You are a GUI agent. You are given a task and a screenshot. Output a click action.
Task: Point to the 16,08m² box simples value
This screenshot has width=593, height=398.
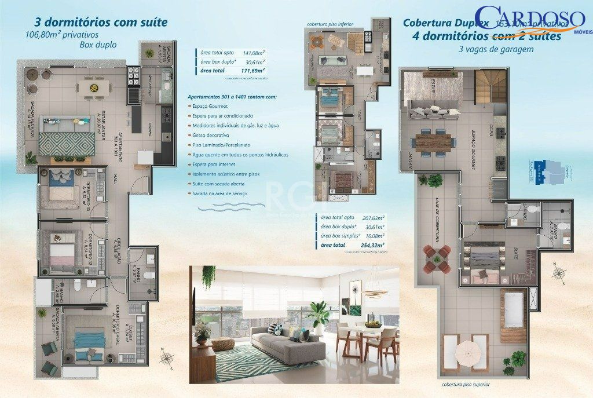(x=374, y=236)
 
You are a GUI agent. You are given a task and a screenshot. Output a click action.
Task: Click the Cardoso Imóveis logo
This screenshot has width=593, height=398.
(x=529, y=21)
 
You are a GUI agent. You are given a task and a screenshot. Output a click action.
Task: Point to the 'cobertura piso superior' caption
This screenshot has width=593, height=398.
(x=465, y=384)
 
